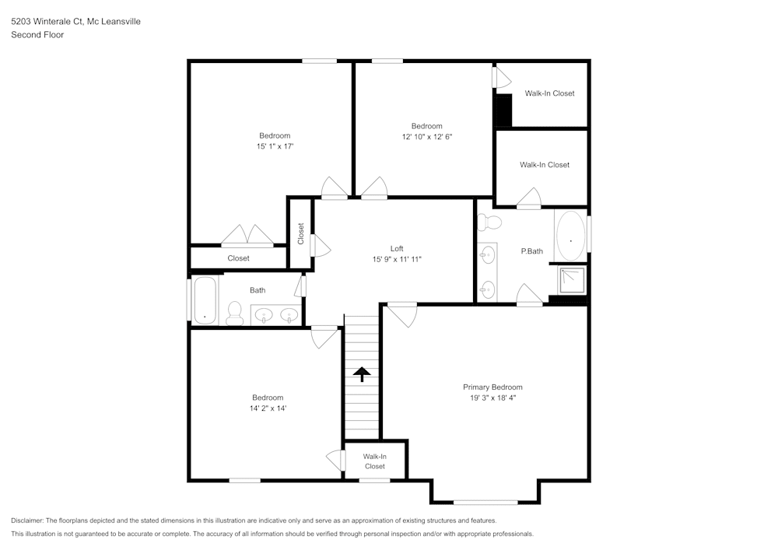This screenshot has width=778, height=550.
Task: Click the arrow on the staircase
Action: pyautogui.click(x=362, y=374)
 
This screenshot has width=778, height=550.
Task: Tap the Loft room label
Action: pyautogui.click(x=397, y=249)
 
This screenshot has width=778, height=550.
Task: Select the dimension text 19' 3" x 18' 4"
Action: pyautogui.click(x=492, y=398)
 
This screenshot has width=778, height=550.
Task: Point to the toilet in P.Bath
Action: pyautogui.click(x=490, y=223)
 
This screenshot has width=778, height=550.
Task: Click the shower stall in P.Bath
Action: pyautogui.click(x=571, y=279)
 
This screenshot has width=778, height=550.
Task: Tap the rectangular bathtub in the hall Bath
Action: pyautogui.click(x=204, y=300)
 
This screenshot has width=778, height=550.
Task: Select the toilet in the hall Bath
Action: pyautogui.click(x=234, y=313)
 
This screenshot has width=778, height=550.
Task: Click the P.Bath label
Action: pyautogui.click(x=531, y=251)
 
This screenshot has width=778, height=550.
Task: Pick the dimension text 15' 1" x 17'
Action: pyautogui.click(x=275, y=146)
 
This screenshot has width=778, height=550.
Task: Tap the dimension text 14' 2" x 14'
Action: pyautogui.click(x=267, y=408)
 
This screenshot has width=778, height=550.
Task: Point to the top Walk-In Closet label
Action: pyautogui.click(x=549, y=93)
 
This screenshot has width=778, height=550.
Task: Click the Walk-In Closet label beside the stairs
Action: pyautogui.click(x=374, y=461)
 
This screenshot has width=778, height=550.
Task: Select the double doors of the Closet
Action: pyautogui.click(x=246, y=235)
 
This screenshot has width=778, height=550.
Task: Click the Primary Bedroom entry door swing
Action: pyautogui.click(x=403, y=314)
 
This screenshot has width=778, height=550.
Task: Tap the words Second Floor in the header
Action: pyautogui.click(x=37, y=34)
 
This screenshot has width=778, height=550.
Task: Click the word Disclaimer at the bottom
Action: pyautogui.click(x=28, y=520)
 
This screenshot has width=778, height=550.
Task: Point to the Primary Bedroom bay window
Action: pyautogui.click(x=485, y=502)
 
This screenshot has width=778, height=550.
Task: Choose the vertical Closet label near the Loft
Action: pyautogui.click(x=301, y=233)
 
